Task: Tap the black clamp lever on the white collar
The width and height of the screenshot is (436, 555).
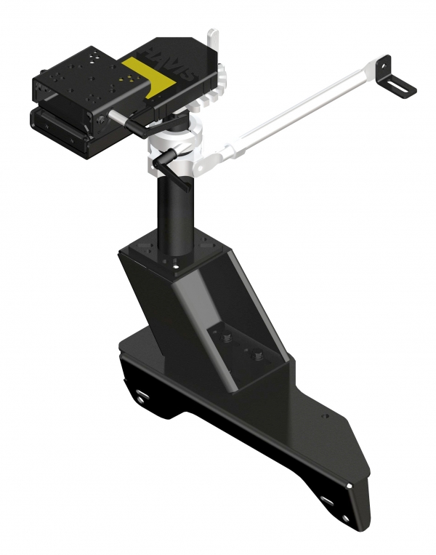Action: click(x=171, y=171)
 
